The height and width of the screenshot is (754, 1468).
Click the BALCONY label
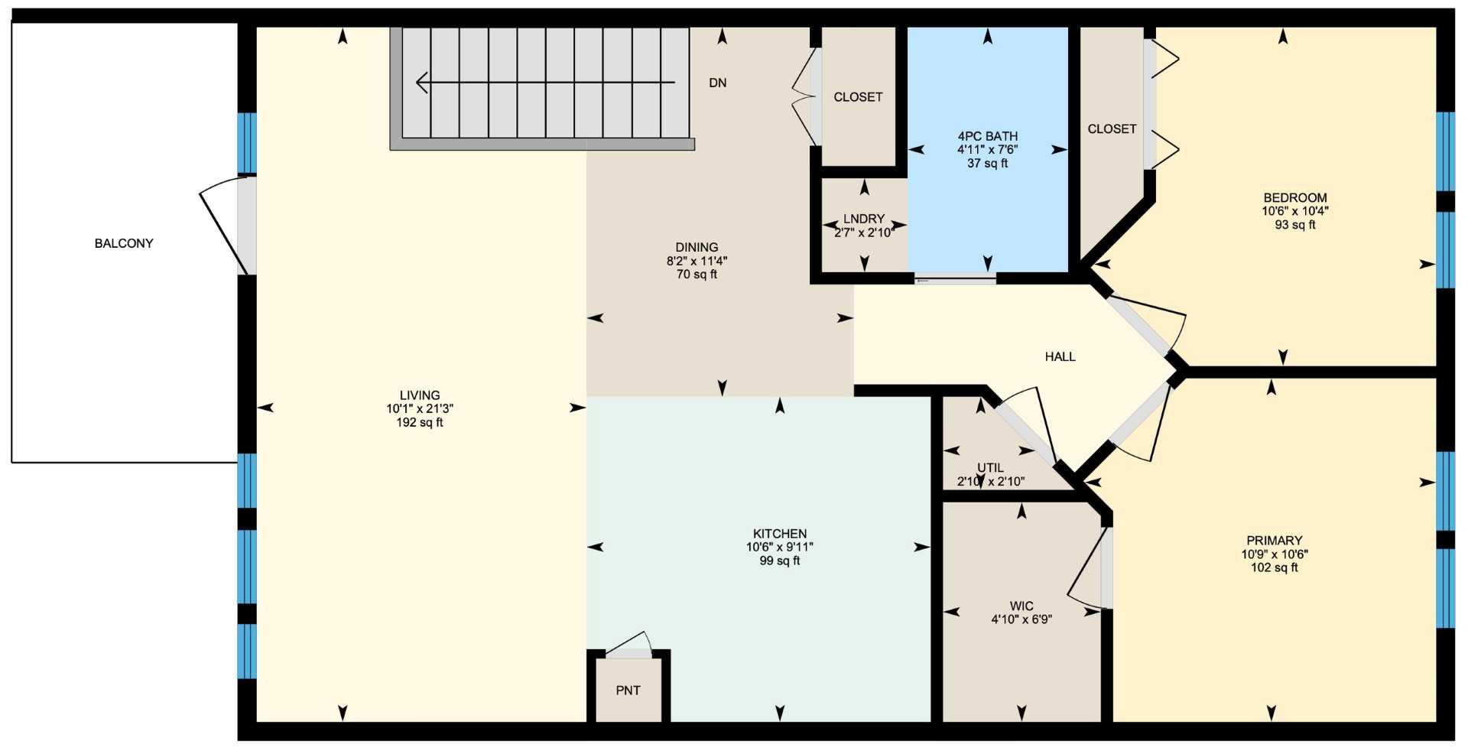pos(124,243)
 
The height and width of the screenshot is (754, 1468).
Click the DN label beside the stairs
pos(717,83)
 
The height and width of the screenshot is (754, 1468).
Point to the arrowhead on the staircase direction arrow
pos(421,82)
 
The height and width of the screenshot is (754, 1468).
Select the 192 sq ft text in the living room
pos(420,422)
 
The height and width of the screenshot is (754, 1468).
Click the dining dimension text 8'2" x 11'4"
pos(697,261)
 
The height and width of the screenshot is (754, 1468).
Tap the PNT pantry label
pos(628,691)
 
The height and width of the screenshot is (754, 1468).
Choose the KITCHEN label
pos(779,534)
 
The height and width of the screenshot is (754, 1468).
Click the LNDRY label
pos(864,219)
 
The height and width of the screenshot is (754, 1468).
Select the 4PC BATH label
pos(987,136)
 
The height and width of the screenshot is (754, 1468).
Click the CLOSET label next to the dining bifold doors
pos(858,97)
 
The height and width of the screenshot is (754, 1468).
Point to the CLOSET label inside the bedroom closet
pos(1111,129)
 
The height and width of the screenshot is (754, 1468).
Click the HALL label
pos(1060,356)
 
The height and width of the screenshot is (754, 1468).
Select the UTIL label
pos(990,467)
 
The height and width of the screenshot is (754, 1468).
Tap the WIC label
pos(1021,606)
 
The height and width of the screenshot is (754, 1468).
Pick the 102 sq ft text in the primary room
pos(1274,567)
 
